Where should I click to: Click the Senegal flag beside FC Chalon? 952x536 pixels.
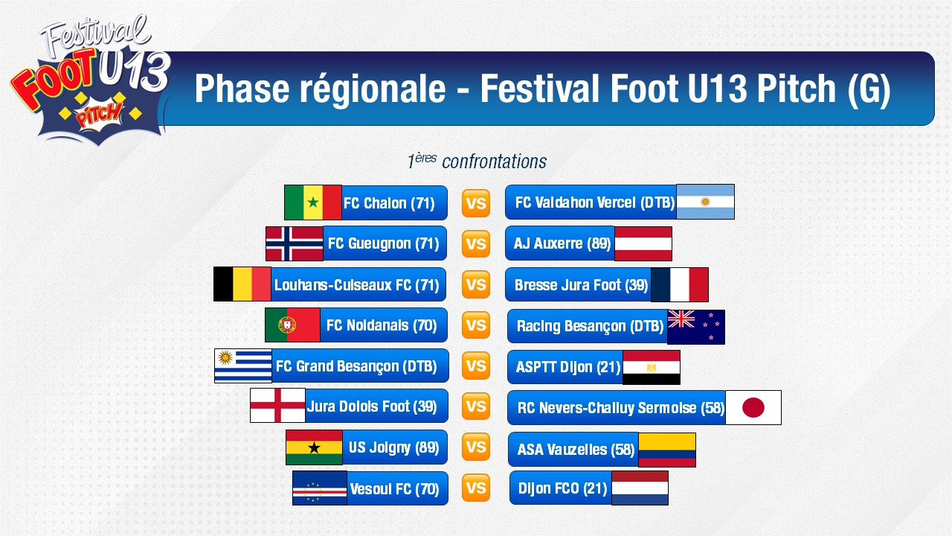[313, 202]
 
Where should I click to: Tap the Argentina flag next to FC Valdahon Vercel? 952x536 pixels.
[705, 202]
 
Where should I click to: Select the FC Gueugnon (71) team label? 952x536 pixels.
[383, 243]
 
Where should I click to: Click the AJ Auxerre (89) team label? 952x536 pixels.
[562, 243]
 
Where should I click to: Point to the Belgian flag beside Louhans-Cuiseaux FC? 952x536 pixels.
[242, 284]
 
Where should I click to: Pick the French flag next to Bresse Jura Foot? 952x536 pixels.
[680, 284]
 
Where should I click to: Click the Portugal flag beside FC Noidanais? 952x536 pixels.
[292, 325]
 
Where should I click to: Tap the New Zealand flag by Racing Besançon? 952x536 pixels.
[695, 327]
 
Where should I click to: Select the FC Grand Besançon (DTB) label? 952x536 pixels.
[356, 366]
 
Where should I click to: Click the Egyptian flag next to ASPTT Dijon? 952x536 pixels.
[651, 368]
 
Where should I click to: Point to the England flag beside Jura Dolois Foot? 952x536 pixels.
[277, 406]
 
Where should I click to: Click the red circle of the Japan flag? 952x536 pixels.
[753, 407]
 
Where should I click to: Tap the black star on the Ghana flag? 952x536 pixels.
[314, 447]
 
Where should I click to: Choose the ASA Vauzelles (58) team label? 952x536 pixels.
[576, 450]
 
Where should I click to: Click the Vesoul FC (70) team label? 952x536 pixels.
[394, 489]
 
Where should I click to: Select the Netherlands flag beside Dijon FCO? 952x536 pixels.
[640, 488]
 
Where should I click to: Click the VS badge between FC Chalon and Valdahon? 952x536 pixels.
[476, 203]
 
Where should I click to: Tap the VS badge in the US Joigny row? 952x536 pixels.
[476, 447]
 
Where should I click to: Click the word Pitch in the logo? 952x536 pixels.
[99, 115]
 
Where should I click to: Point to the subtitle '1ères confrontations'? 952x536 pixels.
[477, 162]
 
